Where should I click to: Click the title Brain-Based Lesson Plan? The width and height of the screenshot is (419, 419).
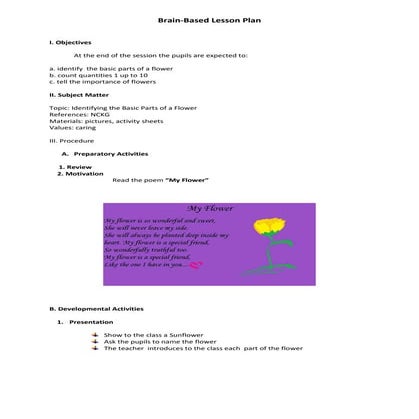[x=209, y=21]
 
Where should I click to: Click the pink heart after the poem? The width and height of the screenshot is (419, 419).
[x=195, y=266]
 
